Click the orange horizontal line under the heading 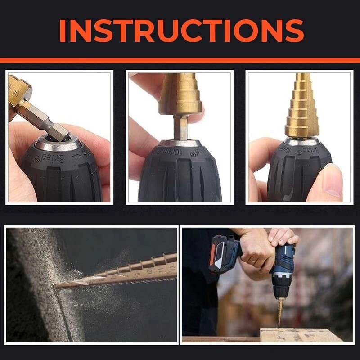[180, 60]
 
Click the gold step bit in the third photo [303, 108]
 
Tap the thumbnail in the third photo [331, 180]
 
